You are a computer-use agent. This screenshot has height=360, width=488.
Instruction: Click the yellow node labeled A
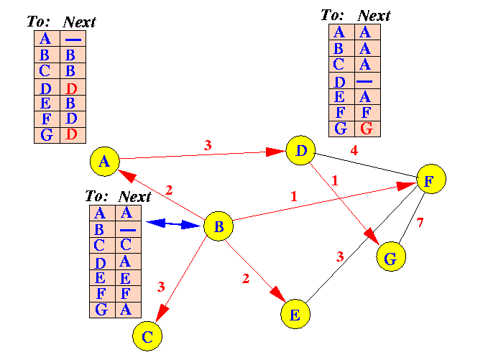(105, 162)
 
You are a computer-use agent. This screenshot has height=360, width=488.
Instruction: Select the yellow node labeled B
(219, 227)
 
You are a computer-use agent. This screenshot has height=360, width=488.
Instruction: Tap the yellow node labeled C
(147, 335)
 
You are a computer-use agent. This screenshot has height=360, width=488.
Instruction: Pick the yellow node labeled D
(300, 151)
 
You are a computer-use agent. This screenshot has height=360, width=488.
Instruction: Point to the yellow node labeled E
(295, 313)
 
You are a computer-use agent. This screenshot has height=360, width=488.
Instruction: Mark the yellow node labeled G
(391, 257)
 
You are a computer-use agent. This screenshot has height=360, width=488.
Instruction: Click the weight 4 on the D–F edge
(354, 151)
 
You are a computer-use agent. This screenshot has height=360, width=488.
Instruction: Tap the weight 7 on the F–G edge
(420, 222)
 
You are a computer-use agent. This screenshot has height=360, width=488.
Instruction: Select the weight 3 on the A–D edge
(208, 145)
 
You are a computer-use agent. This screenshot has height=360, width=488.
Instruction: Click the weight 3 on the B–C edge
(161, 286)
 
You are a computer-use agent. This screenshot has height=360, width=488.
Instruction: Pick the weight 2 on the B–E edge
(246, 279)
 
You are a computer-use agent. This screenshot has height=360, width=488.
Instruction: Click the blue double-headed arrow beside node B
(173, 224)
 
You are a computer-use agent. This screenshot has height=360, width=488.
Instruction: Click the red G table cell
(367, 129)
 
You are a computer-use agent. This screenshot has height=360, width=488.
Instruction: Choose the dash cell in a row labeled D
(367, 82)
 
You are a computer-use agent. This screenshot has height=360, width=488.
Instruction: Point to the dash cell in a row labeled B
(128, 230)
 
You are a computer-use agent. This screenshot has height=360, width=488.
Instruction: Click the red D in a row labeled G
(71, 134)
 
